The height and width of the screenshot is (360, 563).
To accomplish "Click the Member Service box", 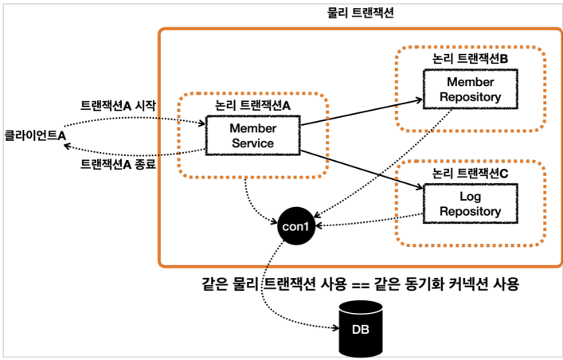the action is click(x=252, y=135).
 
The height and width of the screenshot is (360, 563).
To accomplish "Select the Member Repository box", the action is click(x=471, y=89).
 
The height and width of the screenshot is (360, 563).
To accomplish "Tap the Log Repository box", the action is click(x=471, y=204).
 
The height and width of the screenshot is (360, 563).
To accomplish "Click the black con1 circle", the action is click(x=296, y=226).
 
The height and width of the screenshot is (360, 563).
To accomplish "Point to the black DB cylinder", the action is click(x=361, y=328).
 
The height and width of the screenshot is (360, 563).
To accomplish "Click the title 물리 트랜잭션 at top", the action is click(x=361, y=13).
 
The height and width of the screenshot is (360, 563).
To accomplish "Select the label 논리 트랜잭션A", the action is click(x=252, y=105).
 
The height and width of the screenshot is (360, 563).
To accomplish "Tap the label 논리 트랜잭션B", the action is click(x=470, y=59).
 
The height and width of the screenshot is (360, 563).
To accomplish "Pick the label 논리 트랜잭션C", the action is click(x=470, y=174).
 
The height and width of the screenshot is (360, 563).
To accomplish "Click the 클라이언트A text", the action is click(x=35, y=135).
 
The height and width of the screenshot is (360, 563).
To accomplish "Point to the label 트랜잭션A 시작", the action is click(x=118, y=105).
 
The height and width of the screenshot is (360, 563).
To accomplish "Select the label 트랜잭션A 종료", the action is click(x=118, y=164).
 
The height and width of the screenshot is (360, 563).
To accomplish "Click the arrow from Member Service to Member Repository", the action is click(x=362, y=112).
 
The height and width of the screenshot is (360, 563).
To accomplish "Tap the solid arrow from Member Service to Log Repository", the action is click(x=362, y=169).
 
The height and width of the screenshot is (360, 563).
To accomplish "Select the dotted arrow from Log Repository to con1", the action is click(x=369, y=221).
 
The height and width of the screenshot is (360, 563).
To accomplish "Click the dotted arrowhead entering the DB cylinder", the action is click(x=336, y=327).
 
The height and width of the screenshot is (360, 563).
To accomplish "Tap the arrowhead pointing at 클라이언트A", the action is click(x=67, y=146).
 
